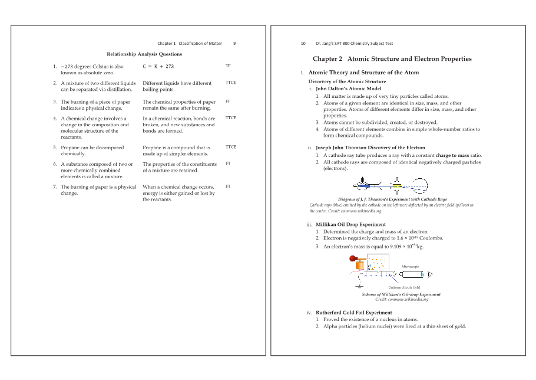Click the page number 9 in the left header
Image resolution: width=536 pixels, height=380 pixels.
point(234,43)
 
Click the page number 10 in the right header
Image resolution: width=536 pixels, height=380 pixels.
point(303,43)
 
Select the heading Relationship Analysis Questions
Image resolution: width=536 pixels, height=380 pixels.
point(144,54)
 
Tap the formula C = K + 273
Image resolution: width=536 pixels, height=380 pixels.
point(158,67)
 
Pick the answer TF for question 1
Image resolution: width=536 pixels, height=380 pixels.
point(228,66)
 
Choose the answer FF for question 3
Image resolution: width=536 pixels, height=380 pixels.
point(228,101)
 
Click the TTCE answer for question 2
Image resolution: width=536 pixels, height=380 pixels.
point(230,83)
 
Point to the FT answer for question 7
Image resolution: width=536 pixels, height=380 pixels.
point(228,186)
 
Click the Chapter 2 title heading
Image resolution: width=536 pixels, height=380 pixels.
point(392,59)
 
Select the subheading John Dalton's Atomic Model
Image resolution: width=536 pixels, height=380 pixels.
point(348,89)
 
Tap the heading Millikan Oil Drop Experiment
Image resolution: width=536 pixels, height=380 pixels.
point(350,225)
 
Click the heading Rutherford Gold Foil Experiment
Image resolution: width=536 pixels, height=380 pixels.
point(353,312)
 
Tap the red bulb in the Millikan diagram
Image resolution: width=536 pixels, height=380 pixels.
point(353,258)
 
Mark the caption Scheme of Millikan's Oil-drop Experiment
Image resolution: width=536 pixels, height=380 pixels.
point(401,294)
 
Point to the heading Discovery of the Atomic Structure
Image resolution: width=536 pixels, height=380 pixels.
point(347,81)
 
